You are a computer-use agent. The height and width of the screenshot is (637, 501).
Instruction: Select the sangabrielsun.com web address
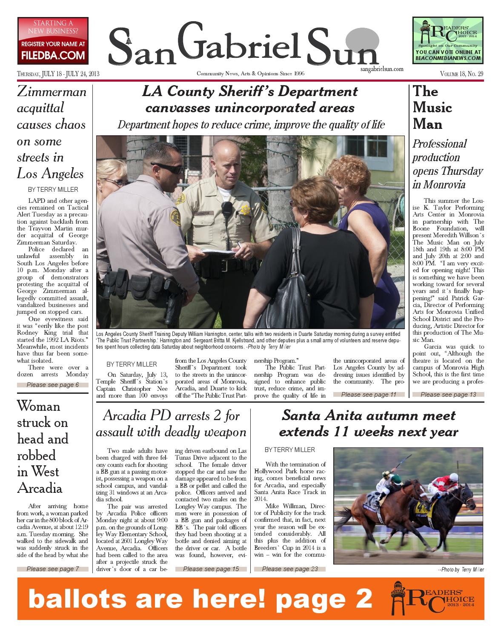tap(381, 69)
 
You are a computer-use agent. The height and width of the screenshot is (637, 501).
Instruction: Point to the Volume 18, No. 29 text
tap(462, 74)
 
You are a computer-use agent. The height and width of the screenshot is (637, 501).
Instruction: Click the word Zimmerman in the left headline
tap(52, 91)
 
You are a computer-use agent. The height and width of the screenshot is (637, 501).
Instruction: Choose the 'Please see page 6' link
tap(53, 385)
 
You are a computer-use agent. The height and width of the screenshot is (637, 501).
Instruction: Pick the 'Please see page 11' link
tap(369, 395)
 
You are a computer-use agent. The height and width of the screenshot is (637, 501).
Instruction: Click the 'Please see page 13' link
tap(448, 395)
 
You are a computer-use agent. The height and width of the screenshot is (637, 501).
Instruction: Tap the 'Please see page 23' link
tap(290, 569)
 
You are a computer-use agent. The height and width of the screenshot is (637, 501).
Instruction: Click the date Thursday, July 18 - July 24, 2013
tap(58, 74)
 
